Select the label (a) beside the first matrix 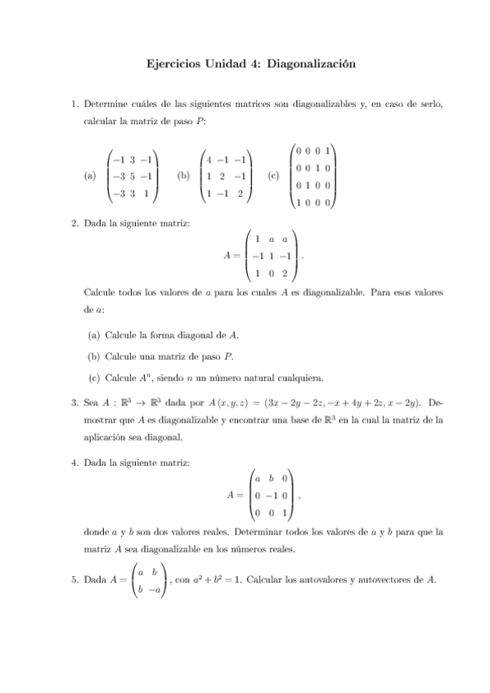pyautogui.click(x=90, y=175)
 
